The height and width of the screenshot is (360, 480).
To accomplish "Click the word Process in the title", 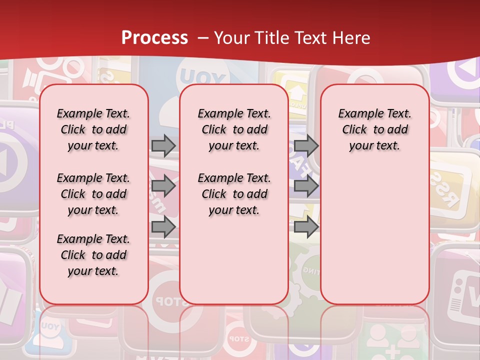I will (x=154, y=38).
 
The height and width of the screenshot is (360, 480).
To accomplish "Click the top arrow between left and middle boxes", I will (x=163, y=146).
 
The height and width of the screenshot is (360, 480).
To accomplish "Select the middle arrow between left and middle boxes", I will (x=163, y=186).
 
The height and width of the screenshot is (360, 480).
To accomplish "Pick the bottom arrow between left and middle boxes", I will (x=163, y=227).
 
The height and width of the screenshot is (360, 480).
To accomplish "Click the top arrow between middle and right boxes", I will (x=306, y=146).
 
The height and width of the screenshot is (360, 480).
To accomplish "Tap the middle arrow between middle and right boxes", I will (x=306, y=186).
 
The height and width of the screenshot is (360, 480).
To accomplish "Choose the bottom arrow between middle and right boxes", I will (x=306, y=227).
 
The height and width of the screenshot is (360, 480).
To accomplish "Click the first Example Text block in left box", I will (x=93, y=129).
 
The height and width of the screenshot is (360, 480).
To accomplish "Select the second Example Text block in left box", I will (x=93, y=194).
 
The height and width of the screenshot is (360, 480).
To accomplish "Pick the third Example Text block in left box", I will (x=93, y=255).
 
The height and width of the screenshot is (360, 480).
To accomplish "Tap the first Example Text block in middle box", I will (x=234, y=129).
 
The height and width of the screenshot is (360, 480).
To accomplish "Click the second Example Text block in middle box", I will (x=234, y=194).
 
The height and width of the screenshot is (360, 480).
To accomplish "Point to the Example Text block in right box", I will (x=374, y=129).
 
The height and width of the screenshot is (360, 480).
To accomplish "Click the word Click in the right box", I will (x=354, y=130).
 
